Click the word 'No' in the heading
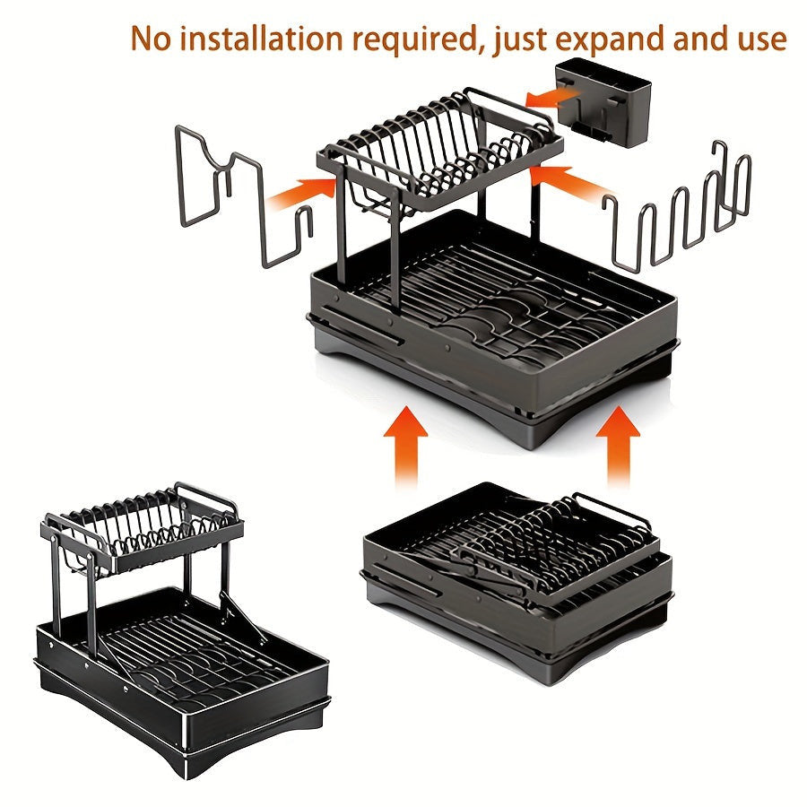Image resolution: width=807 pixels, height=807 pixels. point(150,38)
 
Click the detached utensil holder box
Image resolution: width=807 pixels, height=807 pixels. point(603,102)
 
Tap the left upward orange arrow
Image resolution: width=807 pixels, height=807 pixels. point(405,445)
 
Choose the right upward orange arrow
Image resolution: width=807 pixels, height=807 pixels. point(618,445)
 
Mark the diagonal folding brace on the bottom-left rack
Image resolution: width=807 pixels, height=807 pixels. point(243,617)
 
